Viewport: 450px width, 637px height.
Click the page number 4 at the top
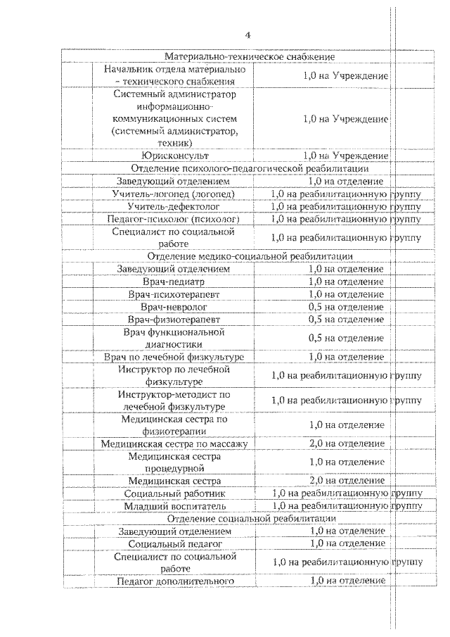247,35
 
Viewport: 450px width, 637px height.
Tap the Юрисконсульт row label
174,156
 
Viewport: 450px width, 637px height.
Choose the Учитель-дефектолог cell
174,206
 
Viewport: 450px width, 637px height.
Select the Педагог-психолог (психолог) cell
174,219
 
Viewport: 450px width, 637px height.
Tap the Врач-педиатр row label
174,282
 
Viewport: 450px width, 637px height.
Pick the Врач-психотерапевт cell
174,294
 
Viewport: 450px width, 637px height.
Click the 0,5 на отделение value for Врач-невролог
346,307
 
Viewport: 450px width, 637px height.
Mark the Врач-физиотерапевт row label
174,320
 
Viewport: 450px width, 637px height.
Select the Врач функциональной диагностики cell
174,338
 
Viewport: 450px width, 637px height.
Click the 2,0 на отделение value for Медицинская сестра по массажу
346,443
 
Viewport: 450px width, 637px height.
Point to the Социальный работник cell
174,493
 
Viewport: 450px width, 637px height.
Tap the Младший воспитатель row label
174,506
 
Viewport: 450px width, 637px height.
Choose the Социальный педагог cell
174,543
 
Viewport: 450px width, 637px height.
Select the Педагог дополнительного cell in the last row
174,581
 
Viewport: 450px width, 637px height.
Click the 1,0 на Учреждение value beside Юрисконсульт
346,156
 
